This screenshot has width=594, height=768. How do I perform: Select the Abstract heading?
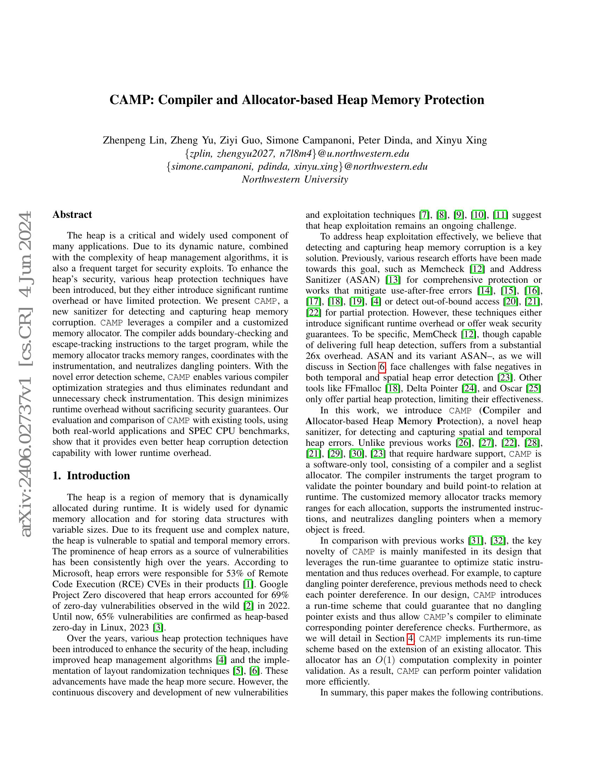[72, 214]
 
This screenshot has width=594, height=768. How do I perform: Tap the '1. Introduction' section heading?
[91, 475]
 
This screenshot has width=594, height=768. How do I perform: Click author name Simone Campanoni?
[309, 140]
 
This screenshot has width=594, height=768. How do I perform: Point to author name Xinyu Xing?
[461, 140]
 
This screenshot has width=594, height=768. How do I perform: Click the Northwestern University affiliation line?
[295, 179]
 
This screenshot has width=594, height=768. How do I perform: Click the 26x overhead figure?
[313, 356]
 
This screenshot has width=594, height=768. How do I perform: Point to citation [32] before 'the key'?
[498, 540]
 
